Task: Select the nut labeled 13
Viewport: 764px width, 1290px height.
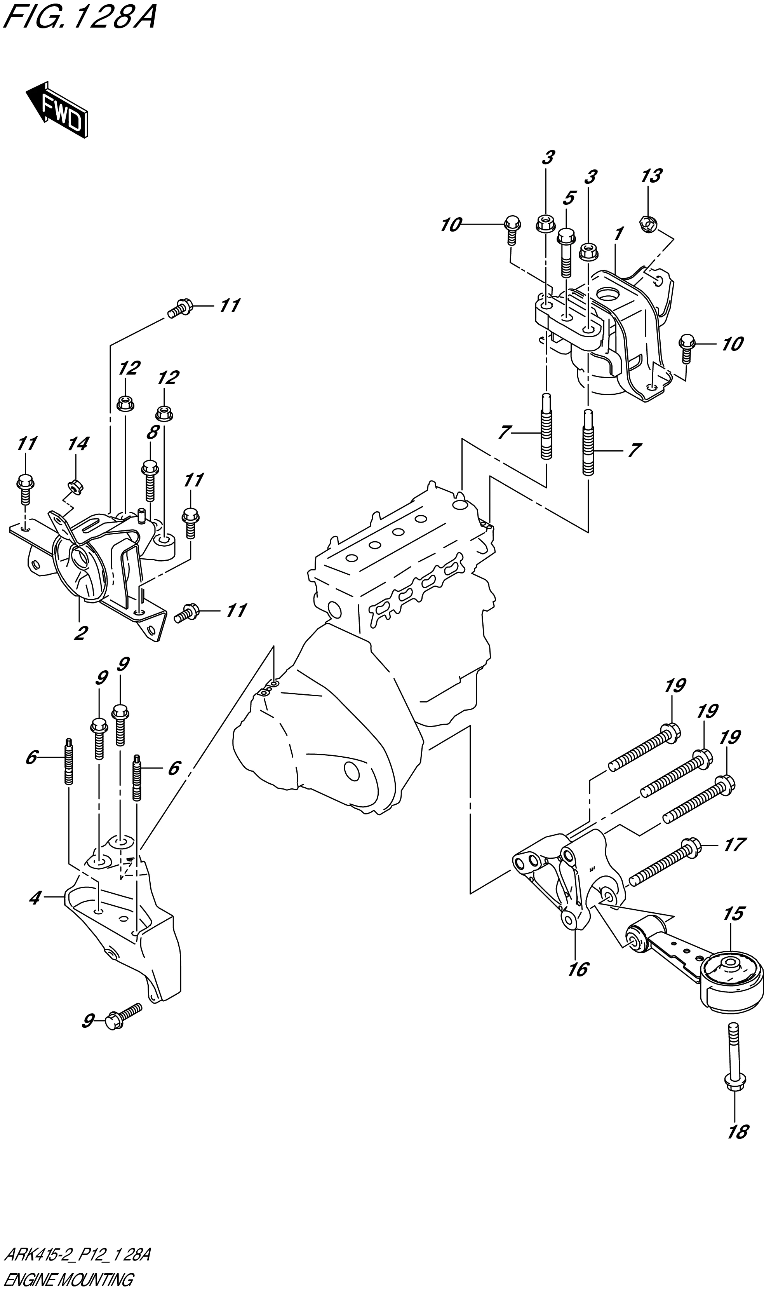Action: tap(647, 223)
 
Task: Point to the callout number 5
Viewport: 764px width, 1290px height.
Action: tap(569, 198)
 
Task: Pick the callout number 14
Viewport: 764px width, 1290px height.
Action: tap(78, 444)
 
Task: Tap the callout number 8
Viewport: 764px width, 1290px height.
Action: tap(152, 432)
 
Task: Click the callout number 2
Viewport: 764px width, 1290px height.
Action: tap(80, 633)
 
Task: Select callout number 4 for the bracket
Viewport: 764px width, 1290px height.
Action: tap(35, 899)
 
